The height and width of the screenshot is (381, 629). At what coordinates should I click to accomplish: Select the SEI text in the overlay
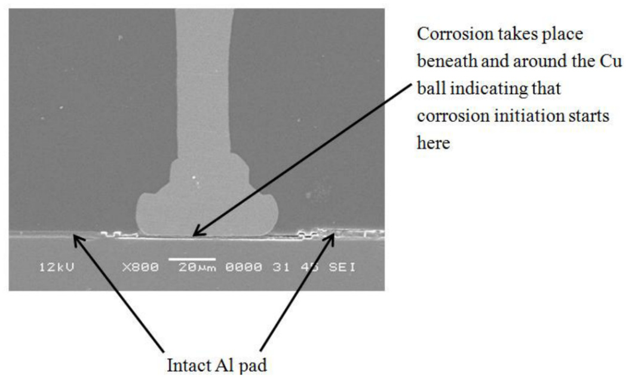click(x=342, y=267)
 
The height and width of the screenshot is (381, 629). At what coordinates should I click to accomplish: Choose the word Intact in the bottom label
click(x=183, y=363)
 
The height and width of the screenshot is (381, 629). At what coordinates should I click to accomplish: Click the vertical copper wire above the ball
click(x=200, y=90)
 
